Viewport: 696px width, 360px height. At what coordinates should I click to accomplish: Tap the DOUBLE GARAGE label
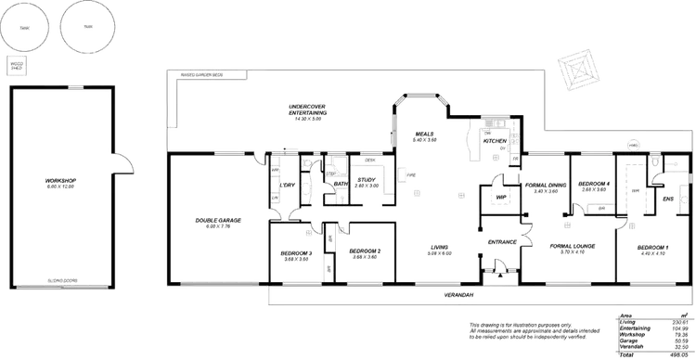(217, 221)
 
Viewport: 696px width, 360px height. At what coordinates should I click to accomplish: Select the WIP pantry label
(502, 198)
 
